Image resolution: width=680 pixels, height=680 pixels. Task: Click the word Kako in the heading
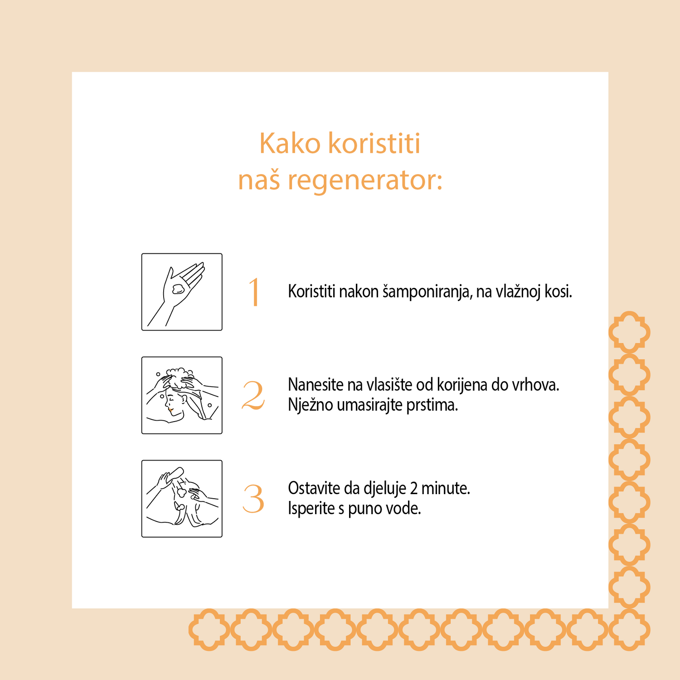[290, 144]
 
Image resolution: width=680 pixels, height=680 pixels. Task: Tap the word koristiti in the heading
[374, 144]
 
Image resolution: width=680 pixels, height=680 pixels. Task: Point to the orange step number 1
[254, 292]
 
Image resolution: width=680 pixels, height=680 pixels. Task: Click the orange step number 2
[253, 396]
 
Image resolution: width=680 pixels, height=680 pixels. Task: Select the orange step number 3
[253, 499]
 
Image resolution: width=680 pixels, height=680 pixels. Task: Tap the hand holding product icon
[182, 292]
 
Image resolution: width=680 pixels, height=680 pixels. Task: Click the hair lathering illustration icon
[182, 395]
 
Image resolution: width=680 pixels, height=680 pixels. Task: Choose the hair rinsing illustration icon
[182, 499]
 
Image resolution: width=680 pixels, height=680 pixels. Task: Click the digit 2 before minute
[414, 489]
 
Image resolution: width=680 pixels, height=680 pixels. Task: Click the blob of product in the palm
[178, 289]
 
